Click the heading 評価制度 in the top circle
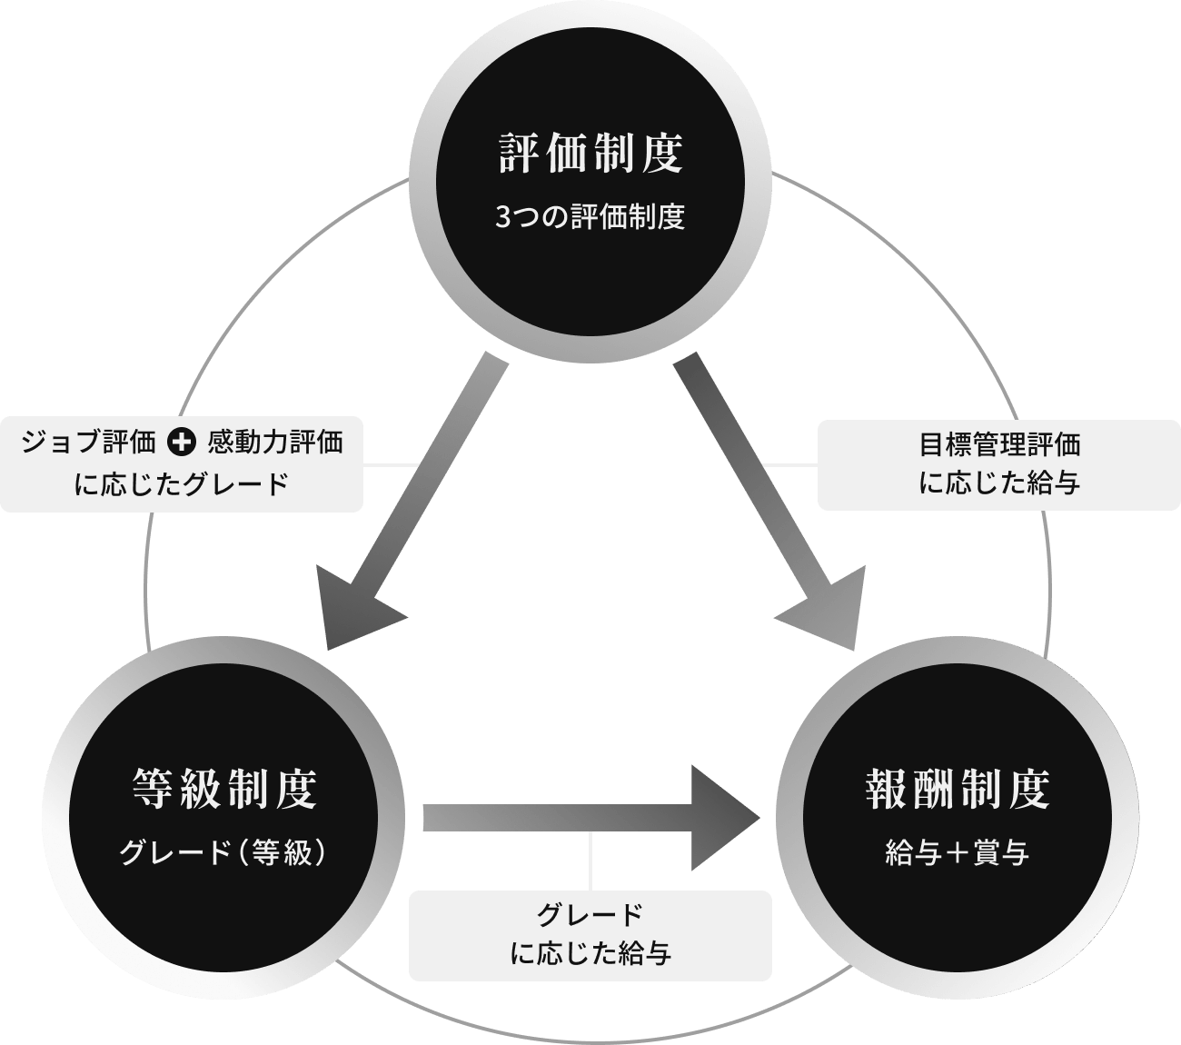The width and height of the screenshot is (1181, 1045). pyautogui.click(x=590, y=153)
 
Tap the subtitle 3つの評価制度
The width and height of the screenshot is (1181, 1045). pyautogui.click(x=590, y=218)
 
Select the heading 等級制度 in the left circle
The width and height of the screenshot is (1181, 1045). pyautogui.click(x=224, y=788)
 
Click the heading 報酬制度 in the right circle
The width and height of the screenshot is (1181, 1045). pyautogui.click(x=958, y=788)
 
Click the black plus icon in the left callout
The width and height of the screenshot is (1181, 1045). pyautogui.click(x=182, y=443)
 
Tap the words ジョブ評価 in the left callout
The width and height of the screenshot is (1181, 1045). pyautogui.click(x=87, y=443)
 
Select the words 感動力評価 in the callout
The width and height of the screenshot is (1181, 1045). pyautogui.click(x=275, y=443)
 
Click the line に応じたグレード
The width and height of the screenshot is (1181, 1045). pyautogui.click(x=182, y=483)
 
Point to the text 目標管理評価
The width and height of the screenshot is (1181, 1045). pyautogui.click(x=999, y=444)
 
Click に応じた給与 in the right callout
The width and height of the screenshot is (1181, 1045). pyautogui.click(x=999, y=483)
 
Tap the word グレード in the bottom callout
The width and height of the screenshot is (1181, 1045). pyautogui.click(x=590, y=914)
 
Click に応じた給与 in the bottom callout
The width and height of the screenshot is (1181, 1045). pyautogui.click(x=590, y=953)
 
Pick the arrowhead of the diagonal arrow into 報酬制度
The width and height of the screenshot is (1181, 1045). pyautogui.click(x=827, y=611)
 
